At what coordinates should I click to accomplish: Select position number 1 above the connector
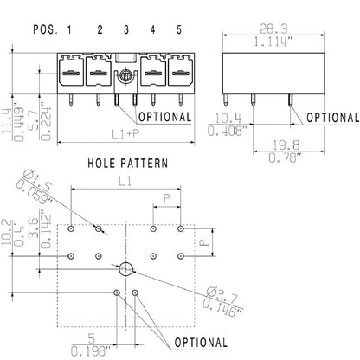(x=69, y=29)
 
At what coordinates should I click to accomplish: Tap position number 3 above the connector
(x=126, y=29)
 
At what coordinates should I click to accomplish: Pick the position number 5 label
(x=180, y=29)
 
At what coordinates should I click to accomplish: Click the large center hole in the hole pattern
(x=125, y=267)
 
